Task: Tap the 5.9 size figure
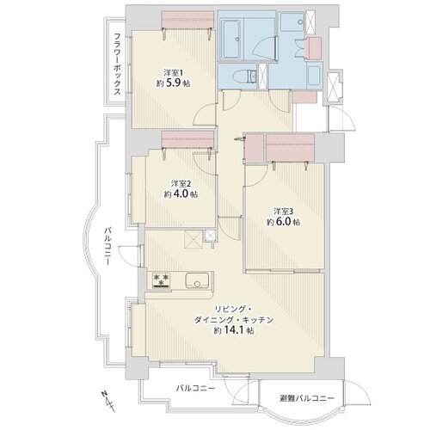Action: click(173, 83)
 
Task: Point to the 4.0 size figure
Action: click(181, 194)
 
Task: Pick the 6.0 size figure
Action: click(283, 222)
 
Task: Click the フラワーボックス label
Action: click(117, 64)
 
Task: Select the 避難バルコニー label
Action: click(306, 398)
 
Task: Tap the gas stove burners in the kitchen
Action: click(161, 279)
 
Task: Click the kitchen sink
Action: click(197, 281)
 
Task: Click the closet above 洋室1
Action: click(187, 20)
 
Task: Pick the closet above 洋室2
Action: click(187, 139)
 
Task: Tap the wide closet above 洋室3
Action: click(291, 148)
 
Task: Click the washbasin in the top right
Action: click(292, 21)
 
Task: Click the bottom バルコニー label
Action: click(195, 389)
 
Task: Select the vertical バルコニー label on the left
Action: click(107, 246)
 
